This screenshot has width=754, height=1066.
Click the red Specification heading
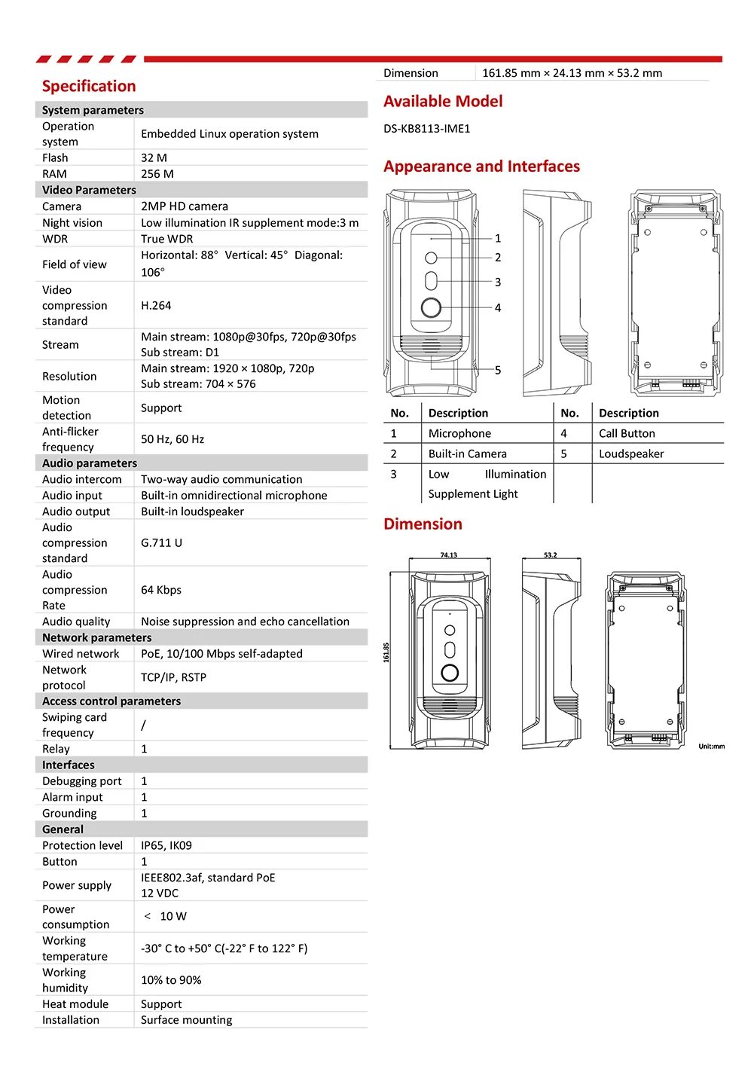pos(89,86)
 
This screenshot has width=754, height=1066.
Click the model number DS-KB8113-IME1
pos(426,128)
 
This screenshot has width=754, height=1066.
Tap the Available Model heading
pos(443,101)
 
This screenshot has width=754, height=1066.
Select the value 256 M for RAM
pos(157,173)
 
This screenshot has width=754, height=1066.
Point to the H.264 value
pos(156,305)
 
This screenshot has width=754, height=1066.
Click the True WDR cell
pos(167,239)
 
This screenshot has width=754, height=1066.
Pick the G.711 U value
pos(161,542)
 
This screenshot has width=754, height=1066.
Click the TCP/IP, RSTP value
pos(173,677)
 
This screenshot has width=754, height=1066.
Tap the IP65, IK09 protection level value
pos(166,845)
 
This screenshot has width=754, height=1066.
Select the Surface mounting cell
pos(187,1020)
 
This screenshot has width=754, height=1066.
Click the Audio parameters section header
pos(90,463)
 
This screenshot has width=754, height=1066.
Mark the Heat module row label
pos(75,1004)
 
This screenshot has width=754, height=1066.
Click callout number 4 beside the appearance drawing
pos(498,307)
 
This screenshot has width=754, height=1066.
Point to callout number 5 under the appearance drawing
pos(498,370)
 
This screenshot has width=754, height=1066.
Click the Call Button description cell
pos(627,433)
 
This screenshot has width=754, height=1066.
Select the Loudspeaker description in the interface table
pos(631,454)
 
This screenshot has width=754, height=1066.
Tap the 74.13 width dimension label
pos(448,555)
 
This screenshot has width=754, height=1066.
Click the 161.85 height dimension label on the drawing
pos(386,652)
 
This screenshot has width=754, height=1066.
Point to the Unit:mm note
pos(711,747)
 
